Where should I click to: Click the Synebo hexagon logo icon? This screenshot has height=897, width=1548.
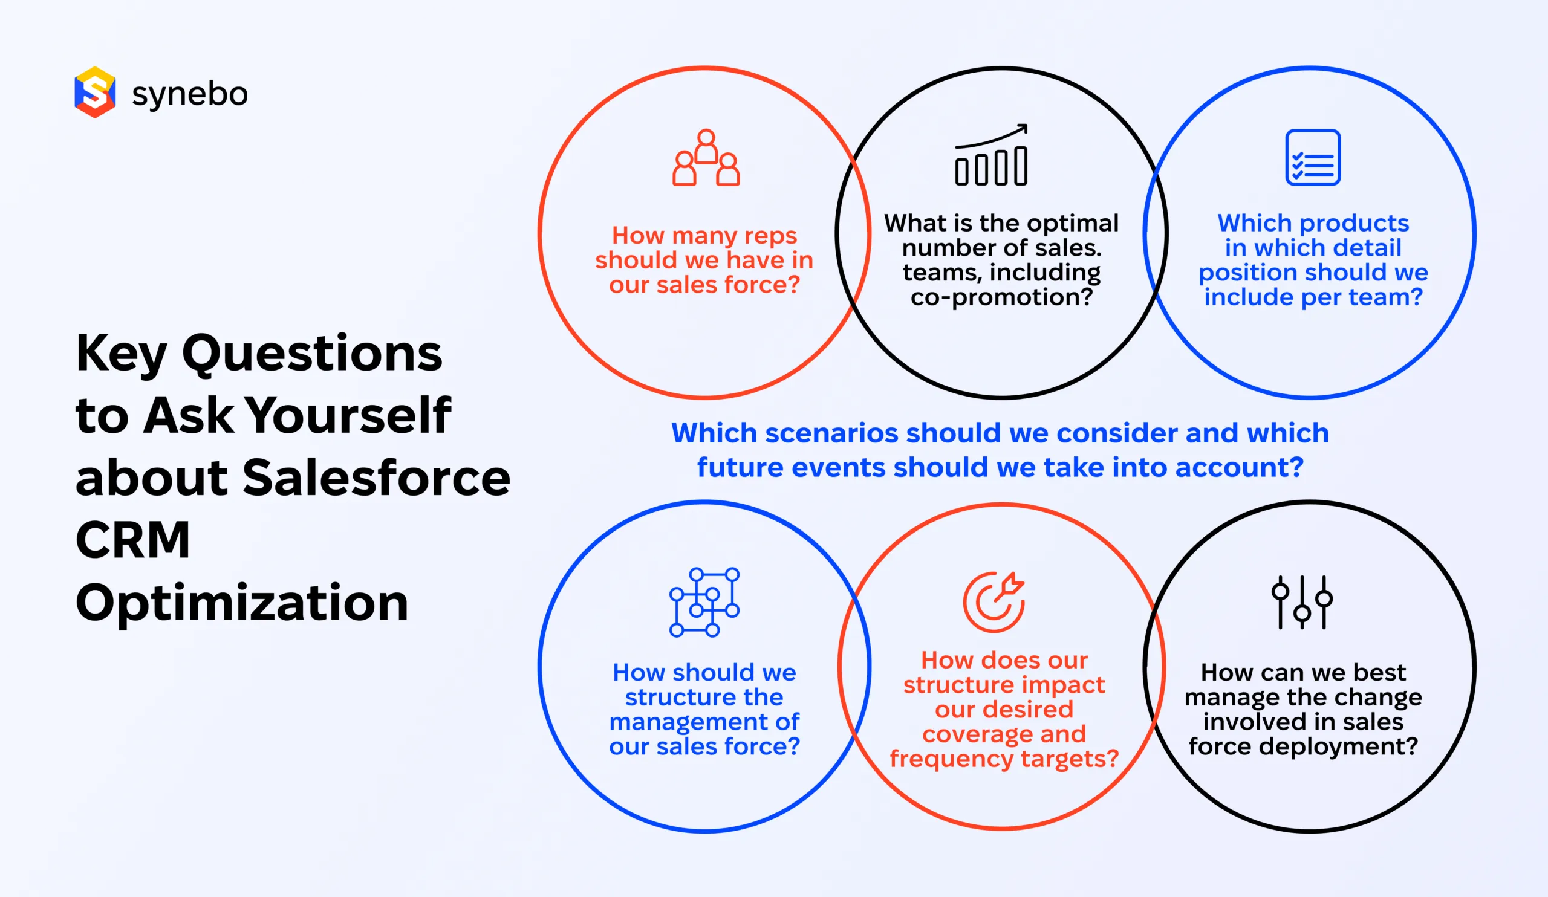[x=94, y=92]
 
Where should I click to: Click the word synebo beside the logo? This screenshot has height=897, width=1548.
[x=189, y=94]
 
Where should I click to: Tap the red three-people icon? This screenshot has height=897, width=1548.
[x=706, y=158]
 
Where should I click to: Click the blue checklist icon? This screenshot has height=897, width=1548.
[x=1313, y=157]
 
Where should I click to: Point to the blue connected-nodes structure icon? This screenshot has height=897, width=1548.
[x=704, y=602]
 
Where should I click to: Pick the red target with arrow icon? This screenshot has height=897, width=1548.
[x=994, y=601]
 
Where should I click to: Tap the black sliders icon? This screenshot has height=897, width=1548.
[x=1302, y=602]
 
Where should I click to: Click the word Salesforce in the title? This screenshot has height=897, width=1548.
[x=376, y=478]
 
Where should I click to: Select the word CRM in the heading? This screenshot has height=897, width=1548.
[x=132, y=540]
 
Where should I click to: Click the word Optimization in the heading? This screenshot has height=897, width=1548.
[x=241, y=603]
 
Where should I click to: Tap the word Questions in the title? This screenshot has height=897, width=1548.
[x=312, y=353]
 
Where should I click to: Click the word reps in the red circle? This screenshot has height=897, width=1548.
[x=770, y=236]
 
